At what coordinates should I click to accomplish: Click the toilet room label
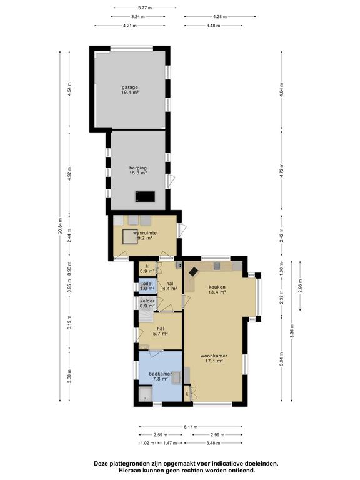147,285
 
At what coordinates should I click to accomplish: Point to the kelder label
147,303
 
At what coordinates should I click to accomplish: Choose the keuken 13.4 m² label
217,289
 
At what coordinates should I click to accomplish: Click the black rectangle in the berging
145,197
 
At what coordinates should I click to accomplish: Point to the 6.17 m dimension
190,427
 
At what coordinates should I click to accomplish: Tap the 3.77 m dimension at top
131,8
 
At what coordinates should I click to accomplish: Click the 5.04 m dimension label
281,359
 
